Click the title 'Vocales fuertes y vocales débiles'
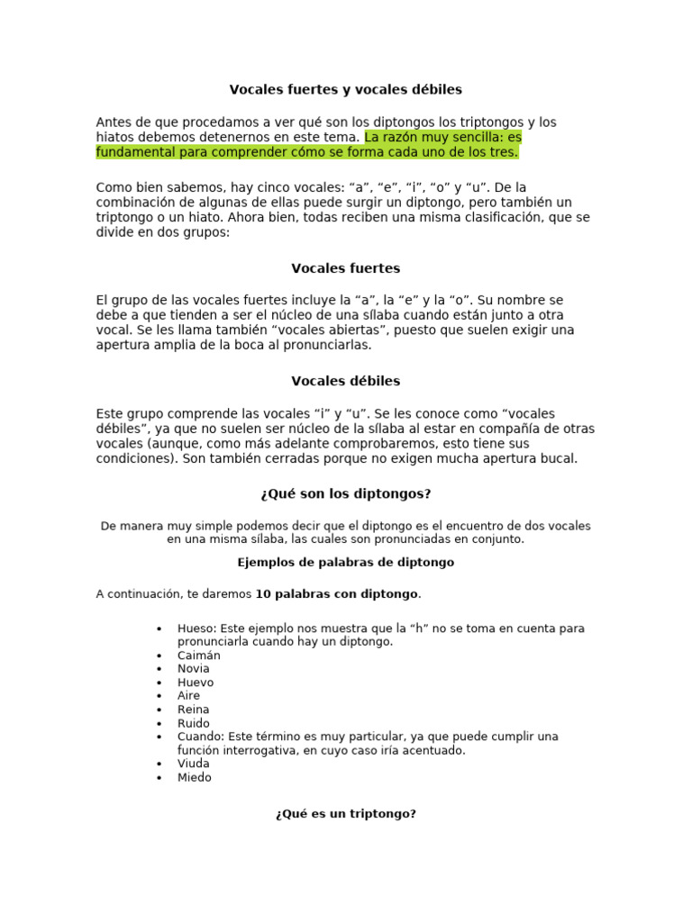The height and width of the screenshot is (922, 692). click(x=345, y=89)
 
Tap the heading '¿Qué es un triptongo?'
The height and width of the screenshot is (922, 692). click(x=345, y=814)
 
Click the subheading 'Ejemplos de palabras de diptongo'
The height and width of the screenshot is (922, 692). click(x=345, y=562)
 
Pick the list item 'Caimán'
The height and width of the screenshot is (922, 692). click(x=199, y=655)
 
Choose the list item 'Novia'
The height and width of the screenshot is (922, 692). click(x=194, y=669)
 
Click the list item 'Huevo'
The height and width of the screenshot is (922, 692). click(x=196, y=682)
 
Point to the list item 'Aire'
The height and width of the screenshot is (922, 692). click(x=189, y=696)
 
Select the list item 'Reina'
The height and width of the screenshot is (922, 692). click(x=194, y=710)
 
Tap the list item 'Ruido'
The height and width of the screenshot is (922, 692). click(x=194, y=723)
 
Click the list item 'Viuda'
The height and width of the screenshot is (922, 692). click(x=194, y=764)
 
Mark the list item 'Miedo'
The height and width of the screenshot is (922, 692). click(x=195, y=777)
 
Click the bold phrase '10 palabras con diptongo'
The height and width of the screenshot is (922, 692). click(x=337, y=594)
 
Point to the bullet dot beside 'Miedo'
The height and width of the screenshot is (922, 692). click(x=159, y=778)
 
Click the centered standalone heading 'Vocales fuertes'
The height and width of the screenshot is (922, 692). click(x=345, y=268)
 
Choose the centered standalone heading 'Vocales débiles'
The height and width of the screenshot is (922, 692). click(x=345, y=381)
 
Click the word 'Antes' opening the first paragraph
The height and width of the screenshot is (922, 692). click(x=114, y=122)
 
